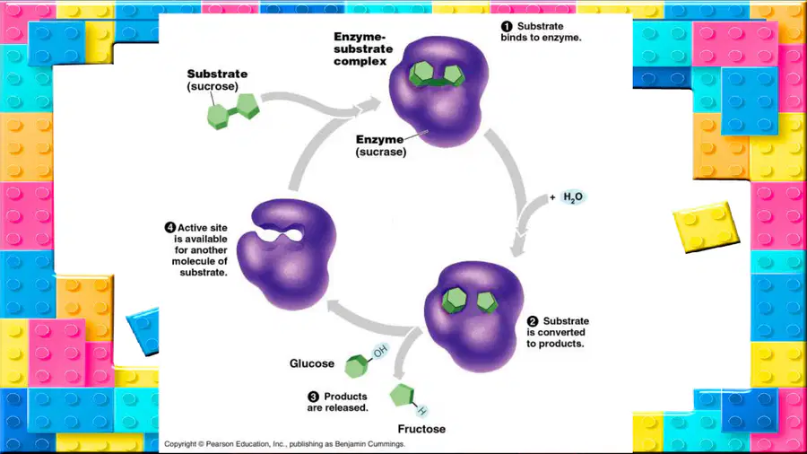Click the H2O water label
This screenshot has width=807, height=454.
(573, 197)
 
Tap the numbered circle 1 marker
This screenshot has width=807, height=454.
(507, 26)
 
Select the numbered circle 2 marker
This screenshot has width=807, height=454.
(533, 321)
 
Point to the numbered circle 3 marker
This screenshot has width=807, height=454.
(314, 397)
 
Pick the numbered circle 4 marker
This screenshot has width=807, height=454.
(170, 228)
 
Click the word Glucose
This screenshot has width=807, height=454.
(312, 363)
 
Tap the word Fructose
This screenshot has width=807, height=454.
(421, 429)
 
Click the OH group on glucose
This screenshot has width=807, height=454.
(380, 352)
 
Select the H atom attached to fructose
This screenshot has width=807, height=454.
(422, 410)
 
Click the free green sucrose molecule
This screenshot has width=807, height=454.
(233, 111)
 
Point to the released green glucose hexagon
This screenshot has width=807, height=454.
(356, 366)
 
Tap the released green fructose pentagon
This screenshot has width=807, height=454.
(402, 396)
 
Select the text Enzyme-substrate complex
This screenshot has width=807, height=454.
(363, 49)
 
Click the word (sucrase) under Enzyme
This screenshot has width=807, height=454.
(381, 152)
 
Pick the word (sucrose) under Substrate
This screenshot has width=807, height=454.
(213, 86)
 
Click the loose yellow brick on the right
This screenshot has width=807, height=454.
(707, 226)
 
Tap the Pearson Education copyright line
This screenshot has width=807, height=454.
(284, 444)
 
